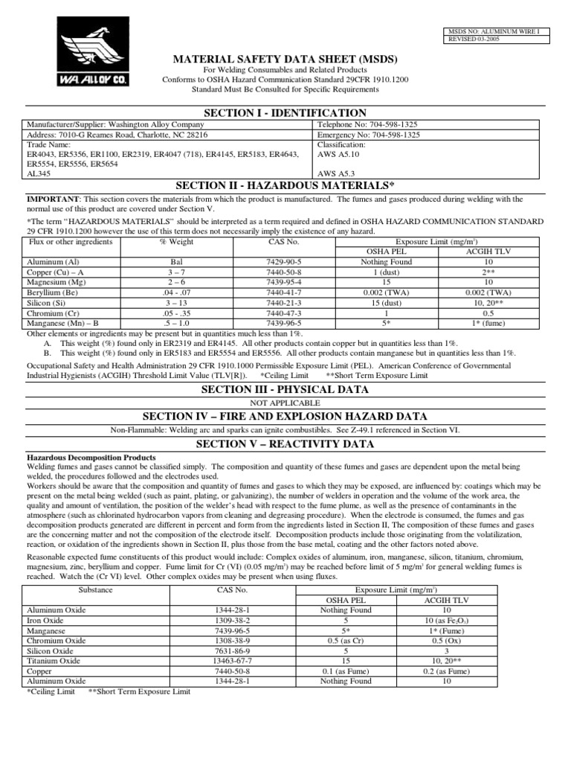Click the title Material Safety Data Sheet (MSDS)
click(x=285, y=59)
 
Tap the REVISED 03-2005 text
click(x=474, y=39)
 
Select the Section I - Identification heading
click(x=285, y=112)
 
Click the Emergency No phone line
click(x=369, y=135)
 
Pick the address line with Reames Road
click(x=117, y=135)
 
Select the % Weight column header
click(x=176, y=242)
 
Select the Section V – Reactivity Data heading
click(x=285, y=444)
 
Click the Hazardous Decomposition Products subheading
click(x=91, y=457)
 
